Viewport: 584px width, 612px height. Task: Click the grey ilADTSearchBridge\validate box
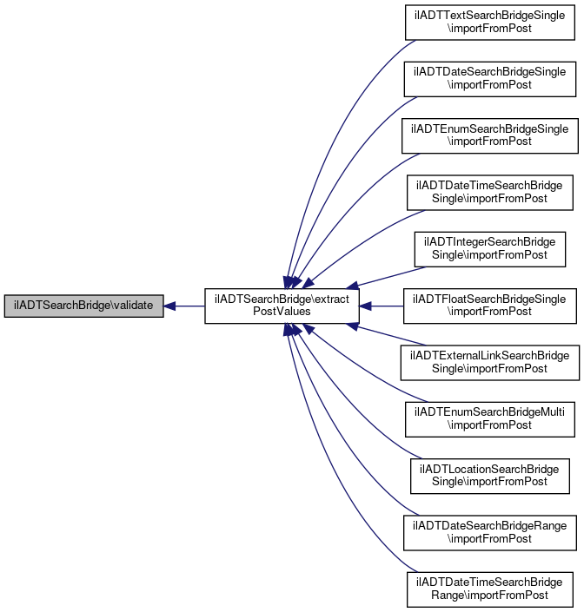pyautogui.click(x=83, y=306)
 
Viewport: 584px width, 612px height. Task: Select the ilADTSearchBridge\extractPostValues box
pyautogui.click(x=282, y=306)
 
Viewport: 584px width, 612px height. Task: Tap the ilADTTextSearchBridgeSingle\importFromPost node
pyautogui.click(x=490, y=23)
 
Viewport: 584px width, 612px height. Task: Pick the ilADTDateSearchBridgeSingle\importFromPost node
pyautogui.click(x=490, y=79)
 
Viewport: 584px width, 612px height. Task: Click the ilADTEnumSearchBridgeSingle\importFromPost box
pyautogui.click(x=490, y=135)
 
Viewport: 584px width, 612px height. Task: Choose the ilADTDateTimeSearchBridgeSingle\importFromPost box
pyautogui.click(x=490, y=193)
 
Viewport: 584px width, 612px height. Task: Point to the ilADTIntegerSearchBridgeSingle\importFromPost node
pyautogui.click(x=490, y=249)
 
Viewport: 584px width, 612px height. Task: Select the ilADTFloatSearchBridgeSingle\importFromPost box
pyautogui.click(x=490, y=306)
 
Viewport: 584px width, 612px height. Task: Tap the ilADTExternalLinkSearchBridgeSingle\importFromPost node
pyautogui.click(x=490, y=363)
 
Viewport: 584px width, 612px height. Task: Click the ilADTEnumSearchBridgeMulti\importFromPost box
pyautogui.click(x=490, y=419)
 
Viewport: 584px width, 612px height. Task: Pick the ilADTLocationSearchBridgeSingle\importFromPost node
pyautogui.click(x=490, y=477)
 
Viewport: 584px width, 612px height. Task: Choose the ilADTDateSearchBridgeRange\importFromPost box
pyautogui.click(x=490, y=533)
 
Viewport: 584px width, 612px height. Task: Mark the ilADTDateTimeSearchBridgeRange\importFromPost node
pyautogui.click(x=490, y=589)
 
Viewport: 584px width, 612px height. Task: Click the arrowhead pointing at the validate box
pyautogui.click(x=169, y=306)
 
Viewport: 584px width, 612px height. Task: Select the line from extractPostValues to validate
pyautogui.click(x=184, y=306)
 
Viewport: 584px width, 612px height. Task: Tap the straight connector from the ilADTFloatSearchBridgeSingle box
pyautogui.click(x=382, y=306)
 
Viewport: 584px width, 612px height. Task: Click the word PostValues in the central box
pyautogui.click(x=282, y=312)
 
